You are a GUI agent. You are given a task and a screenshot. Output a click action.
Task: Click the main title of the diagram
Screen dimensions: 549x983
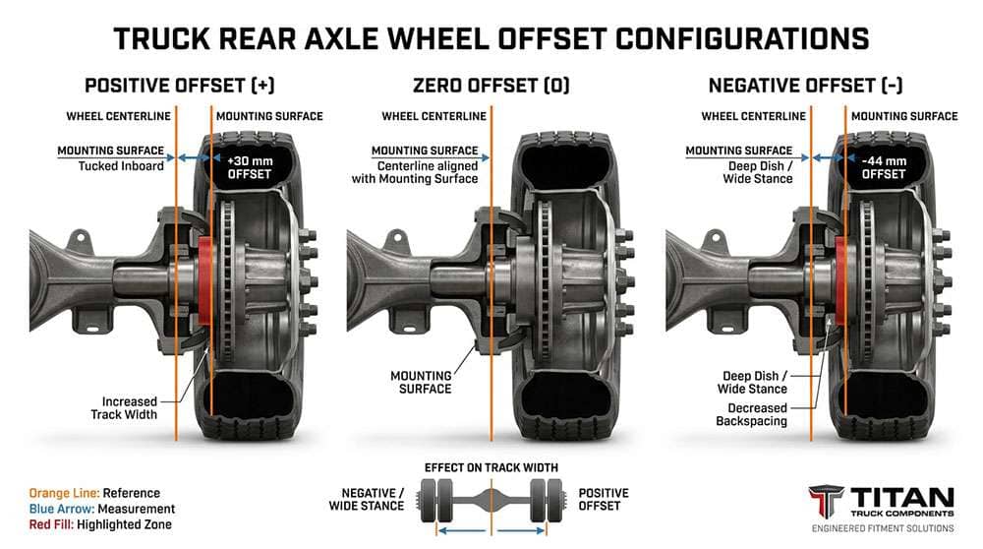(x=491, y=38)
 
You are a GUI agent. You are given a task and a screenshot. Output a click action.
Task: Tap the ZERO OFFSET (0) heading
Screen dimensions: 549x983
(x=490, y=86)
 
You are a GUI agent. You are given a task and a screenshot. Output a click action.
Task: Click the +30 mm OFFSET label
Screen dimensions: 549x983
(x=250, y=166)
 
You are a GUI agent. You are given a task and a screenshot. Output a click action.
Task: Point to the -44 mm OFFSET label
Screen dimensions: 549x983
(x=882, y=166)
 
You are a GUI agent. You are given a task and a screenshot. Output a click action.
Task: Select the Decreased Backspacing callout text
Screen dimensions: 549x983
(x=757, y=414)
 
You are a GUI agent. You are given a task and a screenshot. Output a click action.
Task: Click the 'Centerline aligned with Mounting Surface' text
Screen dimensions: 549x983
(x=415, y=172)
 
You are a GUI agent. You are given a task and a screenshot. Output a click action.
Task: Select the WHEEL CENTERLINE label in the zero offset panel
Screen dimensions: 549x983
(x=434, y=116)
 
